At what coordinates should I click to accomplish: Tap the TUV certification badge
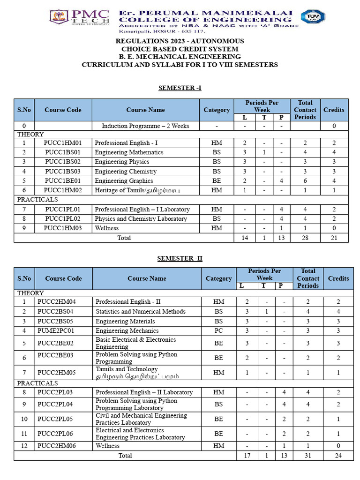pos(313,17)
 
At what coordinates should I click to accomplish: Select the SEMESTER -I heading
pos(180,88)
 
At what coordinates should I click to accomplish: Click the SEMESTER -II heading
pos(180,258)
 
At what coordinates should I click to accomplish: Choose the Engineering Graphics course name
pos(124,181)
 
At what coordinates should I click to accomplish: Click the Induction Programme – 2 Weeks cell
pos(145,126)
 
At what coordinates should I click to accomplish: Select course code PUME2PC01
pos(56,331)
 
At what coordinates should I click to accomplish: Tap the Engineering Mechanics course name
pos(127,331)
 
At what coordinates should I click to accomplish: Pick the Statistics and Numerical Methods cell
pos(140,312)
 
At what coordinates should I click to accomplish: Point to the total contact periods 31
pos(307,456)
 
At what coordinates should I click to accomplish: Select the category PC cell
pos(218,331)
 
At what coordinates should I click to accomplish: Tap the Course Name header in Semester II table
pos(147,278)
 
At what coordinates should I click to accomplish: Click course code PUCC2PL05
pos(56,419)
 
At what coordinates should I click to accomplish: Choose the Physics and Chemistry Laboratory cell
pos(141,219)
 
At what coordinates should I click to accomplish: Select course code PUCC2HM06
pos(56,446)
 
